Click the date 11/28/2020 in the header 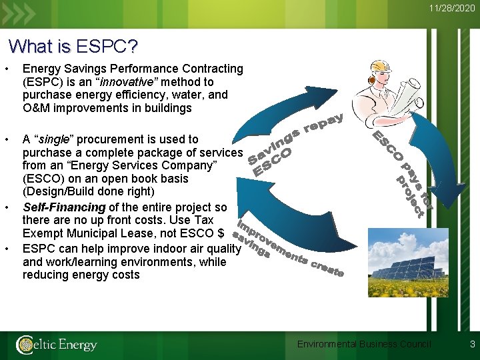coord(452,9)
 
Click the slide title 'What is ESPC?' coord(73,47)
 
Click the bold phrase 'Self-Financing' coord(64,208)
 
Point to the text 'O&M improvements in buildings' coord(107,108)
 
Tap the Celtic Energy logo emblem coord(25,345)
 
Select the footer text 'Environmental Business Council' coord(364,344)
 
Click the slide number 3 coord(472,344)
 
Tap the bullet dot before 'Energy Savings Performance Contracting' coord(6,69)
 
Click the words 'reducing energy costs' coord(81,275)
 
